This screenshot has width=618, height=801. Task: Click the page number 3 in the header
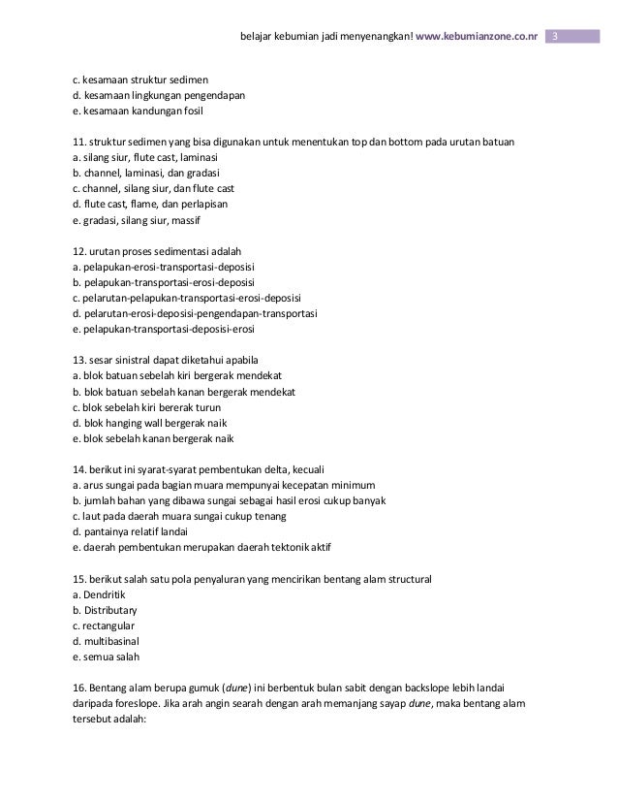[556, 37]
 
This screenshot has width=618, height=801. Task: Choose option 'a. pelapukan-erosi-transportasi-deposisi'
[165, 266]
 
